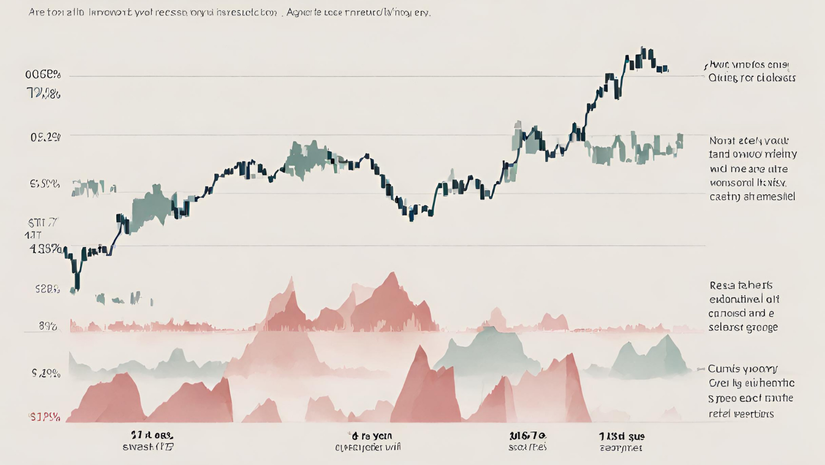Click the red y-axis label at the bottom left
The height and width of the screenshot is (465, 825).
(x=45, y=417)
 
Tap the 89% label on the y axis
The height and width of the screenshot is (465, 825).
(x=48, y=326)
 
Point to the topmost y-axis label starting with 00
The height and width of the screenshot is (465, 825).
(x=43, y=74)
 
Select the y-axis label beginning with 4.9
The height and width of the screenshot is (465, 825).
(x=45, y=249)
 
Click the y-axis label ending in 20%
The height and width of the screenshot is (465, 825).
(x=46, y=373)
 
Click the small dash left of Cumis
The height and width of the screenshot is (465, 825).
(x=701, y=369)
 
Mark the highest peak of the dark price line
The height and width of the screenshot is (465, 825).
(x=643, y=48)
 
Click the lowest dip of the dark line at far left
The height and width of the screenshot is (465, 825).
(x=77, y=289)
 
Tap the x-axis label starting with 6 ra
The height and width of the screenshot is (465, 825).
(x=371, y=436)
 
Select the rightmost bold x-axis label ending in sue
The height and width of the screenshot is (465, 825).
(x=622, y=436)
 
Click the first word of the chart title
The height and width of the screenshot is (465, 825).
(x=36, y=13)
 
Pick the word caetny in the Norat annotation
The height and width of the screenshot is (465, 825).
(x=724, y=197)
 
